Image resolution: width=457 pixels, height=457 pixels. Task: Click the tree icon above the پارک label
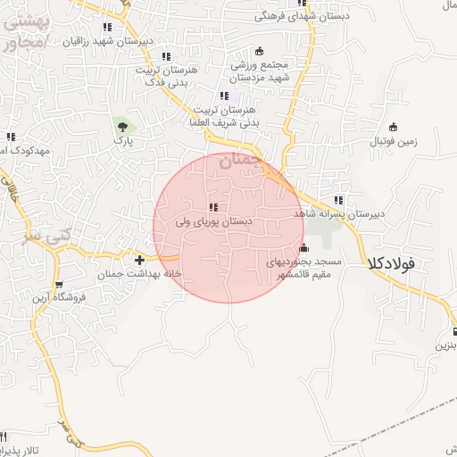pos(120,128)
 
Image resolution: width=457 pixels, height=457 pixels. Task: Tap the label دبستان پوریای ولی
pos(214,220)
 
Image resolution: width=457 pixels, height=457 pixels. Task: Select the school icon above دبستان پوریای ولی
pos(212,207)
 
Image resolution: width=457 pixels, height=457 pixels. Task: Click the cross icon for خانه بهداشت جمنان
pos(139,260)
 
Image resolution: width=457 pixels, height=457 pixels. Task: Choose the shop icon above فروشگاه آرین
pos(59,286)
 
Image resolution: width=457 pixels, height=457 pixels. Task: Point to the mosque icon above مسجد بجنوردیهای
pos(304,248)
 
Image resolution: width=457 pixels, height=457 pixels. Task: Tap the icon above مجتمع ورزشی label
pos(260,50)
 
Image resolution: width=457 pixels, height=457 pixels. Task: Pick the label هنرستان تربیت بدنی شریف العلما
pos(224,113)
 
